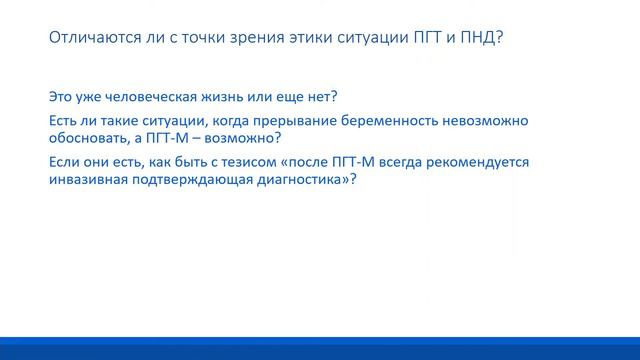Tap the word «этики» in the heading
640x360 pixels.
tap(335, 39)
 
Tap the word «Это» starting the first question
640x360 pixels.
tap(61, 98)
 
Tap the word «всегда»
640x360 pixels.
tap(397, 162)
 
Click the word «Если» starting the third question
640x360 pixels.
tap(64, 162)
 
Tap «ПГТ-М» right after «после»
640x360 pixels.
tap(346, 162)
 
